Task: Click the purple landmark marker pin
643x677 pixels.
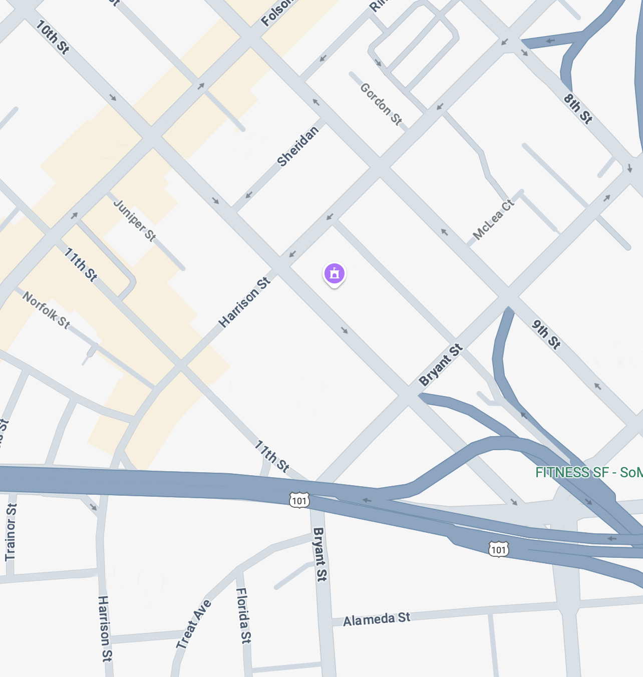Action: pyautogui.click(x=335, y=273)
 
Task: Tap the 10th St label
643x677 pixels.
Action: pyautogui.click(x=52, y=37)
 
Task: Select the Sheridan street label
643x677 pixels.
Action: pyautogui.click(x=297, y=146)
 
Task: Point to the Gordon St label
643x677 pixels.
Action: pyautogui.click(x=381, y=104)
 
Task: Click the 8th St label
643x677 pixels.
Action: pyautogui.click(x=578, y=109)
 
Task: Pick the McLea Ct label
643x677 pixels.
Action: pyautogui.click(x=493, y=219)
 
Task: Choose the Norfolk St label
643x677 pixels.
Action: pyautogui.click(x=46, y=310)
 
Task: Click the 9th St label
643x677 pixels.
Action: pyautogui.click(x=546, y=334)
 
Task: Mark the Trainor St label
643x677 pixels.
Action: pyautogui.click(x=11, y=532)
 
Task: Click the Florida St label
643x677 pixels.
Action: pyautogui.click(x=243, y=615)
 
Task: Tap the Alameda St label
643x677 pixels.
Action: pyautogui.click(x=377, y=619)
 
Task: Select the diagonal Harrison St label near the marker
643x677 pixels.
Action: pyautogui.click(x=245, y=303)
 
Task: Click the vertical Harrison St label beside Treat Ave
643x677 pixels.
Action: pyautogui.click(x=105, y=628)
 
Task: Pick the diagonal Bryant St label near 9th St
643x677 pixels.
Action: pyautogui.click(x=441, y=365)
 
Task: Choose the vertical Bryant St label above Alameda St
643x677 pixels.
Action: pyautogui.click(x=319, y=554)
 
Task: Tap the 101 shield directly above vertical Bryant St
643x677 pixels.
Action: pyautogui.click(x=299, y=500)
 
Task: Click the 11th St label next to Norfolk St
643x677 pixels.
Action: pyautogui.click(x=80, y=264)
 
